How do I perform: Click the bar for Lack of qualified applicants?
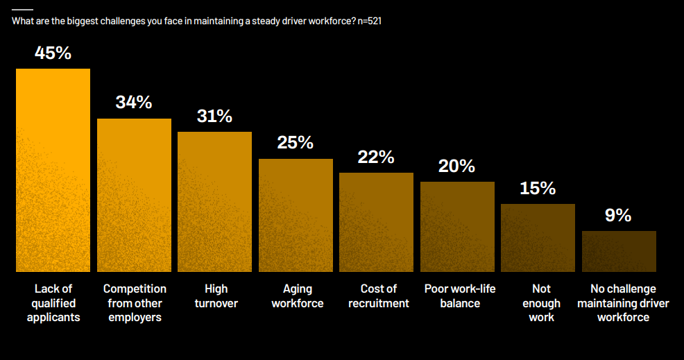[x=53, y=170]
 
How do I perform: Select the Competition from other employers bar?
[x=134, y=195]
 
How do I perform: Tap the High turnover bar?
[x=214, y=201]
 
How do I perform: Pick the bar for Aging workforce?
[x=296, y=215]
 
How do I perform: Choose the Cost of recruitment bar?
[x=376, y=222]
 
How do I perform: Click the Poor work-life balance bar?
[x=457, y=226]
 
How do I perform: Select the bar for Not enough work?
[x=538, y=237]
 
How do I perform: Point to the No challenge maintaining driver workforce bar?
[x=619, y=251]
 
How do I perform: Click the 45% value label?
[x=53, y=53]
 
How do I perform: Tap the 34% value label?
[x=134, y=102]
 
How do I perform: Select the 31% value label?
[x=214, y=116]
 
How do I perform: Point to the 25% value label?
[x=296, y=143]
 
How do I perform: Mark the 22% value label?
[x=376, y=157]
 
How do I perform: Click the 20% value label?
[x=457, y=166]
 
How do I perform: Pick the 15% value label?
[x=538, y=188]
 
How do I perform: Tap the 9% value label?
[x=618, y=216]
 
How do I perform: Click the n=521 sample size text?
[x=370, y=21]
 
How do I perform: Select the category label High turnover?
[x=216, y=295]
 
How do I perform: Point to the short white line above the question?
[x=22, y=9]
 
